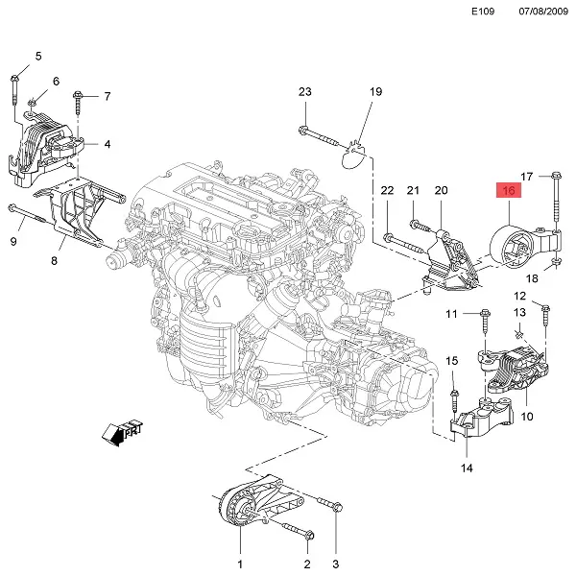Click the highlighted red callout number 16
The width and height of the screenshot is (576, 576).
click(x=508, y=190)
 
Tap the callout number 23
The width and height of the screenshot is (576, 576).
click(x=305, y=92)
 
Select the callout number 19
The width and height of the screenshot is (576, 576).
click(x=376, y=92)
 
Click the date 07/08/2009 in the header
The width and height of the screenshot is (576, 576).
click(x=544, y=12)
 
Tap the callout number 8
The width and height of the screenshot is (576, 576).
click(x=55, y=259)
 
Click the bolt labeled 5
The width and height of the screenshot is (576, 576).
click(x=17, y=88)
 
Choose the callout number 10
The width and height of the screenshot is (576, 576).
click(x=527, y=417)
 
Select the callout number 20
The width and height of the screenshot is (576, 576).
click(x=442, y=192)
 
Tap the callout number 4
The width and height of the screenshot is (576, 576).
click(x=108, y=145)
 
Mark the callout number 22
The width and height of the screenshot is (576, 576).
click(x=387, y=192)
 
